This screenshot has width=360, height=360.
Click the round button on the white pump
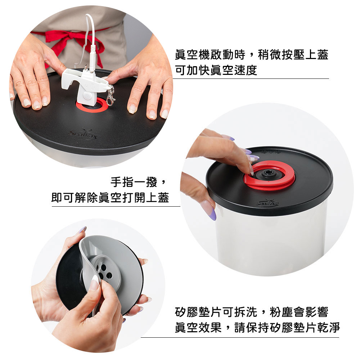[87, 95]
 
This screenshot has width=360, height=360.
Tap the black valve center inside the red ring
[267, 173]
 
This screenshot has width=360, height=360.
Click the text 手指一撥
[134, 182]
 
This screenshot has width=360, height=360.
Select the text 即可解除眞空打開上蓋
[110, 197]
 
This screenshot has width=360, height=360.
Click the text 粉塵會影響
[299, 312]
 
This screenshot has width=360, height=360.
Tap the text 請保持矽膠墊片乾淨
[287, 328]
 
